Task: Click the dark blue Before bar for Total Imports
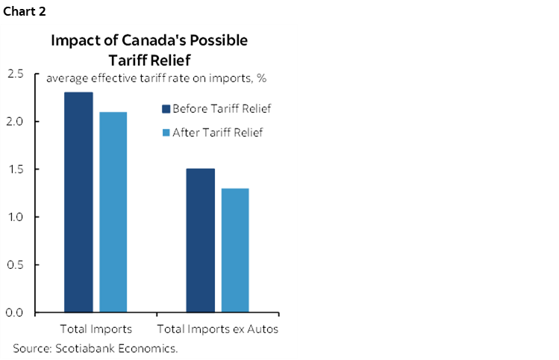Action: [x=78, y=202]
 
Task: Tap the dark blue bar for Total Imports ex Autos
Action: [x=200, y=240]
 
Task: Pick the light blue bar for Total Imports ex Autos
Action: [x=235, y=249]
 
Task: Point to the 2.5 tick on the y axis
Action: [x=16, y=73]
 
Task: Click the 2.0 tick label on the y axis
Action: [x=16, y=121]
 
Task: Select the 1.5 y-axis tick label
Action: [x=16, y=169]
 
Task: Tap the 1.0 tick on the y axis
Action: [x=16, y=217]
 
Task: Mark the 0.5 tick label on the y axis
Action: [x=16, y=264]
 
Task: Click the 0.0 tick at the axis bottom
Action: [x=16, y=312]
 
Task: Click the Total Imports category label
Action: [x=96, y=329]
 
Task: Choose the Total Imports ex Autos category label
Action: [x=217, y=329]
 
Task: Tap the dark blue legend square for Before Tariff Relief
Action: [x=166, y=109]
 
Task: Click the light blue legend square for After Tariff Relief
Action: [x=166, y=133]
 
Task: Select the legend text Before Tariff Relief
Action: [x=221, y=109]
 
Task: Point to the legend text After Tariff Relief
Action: [x=217, y=133]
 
